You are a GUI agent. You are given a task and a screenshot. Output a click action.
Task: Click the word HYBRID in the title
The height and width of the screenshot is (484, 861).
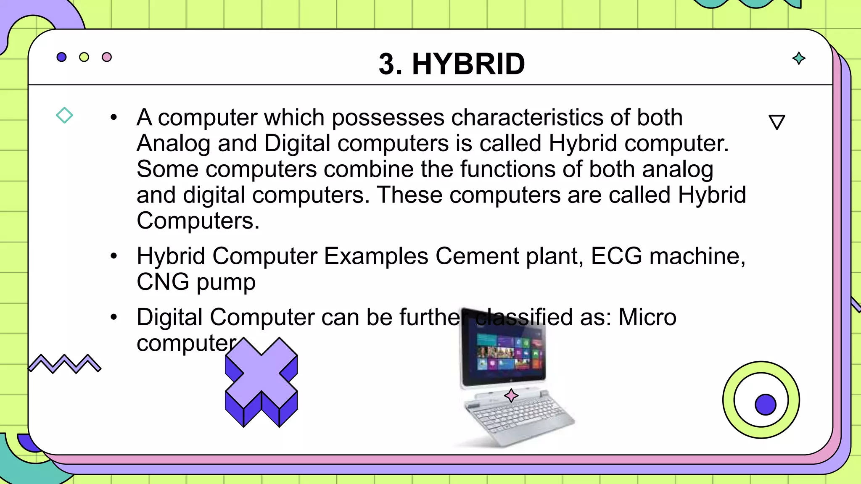point(468,64)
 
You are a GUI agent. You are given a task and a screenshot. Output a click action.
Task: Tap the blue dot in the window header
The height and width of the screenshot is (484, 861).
point(61,57)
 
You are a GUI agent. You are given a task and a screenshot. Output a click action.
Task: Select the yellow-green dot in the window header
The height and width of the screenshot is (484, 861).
point(84,57)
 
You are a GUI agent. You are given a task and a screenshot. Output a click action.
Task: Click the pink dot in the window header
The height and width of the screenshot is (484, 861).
point(107,57)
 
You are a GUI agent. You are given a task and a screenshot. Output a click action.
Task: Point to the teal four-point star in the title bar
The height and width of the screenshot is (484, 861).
point(799,58)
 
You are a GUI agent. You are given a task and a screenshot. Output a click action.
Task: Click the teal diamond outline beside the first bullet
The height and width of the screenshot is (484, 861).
point(64,115)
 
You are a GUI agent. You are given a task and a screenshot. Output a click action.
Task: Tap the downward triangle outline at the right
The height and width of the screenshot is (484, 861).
point(776,122)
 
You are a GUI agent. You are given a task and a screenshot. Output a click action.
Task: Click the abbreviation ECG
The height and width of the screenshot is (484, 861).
point(616,256)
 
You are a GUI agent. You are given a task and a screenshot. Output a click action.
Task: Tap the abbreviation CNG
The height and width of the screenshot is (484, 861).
point(163,282)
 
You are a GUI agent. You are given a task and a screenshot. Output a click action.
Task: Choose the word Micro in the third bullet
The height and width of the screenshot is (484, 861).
point(647,317)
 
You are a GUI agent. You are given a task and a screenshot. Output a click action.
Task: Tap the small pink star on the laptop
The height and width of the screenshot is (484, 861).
point(511,395)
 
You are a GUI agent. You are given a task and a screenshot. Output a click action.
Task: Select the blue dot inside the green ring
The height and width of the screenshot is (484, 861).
point(765,405)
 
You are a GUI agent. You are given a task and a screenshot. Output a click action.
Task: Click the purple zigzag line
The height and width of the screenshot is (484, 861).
point(65,363)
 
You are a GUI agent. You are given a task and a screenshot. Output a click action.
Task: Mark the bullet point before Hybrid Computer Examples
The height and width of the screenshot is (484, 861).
point(114,256)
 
